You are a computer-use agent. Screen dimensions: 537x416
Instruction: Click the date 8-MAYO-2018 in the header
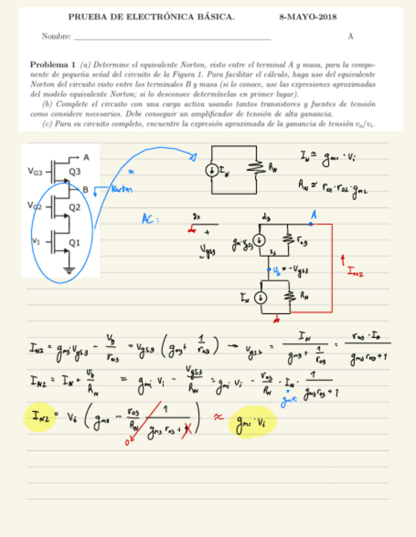pyautogui.click(x=308, y=17)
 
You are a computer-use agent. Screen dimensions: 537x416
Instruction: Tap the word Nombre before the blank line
pyautogui.click(x=56, y=36)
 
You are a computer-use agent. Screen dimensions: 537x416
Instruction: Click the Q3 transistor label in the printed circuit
pyautogui.click(x=75, y=171)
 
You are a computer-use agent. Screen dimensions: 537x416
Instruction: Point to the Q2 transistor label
pyautogui.click(x=75, y=206)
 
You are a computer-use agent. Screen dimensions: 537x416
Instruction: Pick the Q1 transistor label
pyautogui.click(x=75, y=242)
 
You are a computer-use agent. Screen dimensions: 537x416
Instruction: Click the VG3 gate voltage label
pyautogui.click(x=36, y=171)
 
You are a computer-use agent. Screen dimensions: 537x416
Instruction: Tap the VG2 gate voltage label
pyautogui.click(x=34, y=206)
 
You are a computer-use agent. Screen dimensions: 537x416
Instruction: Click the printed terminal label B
pyautogui.click(x=86, y=188)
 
